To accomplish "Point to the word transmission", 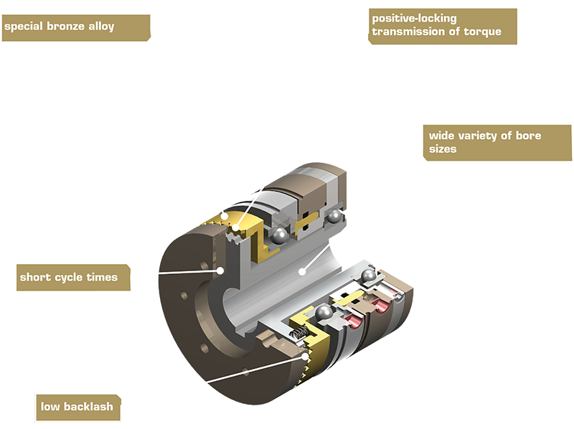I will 411,32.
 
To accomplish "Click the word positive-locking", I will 414,18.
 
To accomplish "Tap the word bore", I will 529,136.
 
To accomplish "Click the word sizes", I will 444,150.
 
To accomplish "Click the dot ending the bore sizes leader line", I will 304,271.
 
